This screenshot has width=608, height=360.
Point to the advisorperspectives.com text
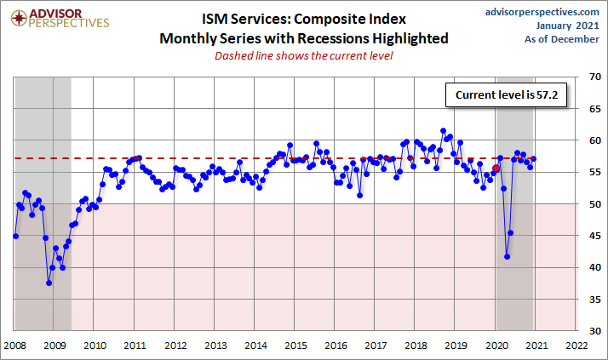(542, 11)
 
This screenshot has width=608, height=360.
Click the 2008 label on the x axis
(14, 346)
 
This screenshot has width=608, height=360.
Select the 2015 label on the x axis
(295, 346)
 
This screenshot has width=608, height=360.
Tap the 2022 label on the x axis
(576, 346)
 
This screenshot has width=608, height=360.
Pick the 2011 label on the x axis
(135, 346)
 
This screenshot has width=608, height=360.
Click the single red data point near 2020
(496, 169)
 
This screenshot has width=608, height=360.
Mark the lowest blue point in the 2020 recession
(508, 256)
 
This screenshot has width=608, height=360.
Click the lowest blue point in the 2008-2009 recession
(49, 283)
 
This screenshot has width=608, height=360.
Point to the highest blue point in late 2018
(443, 131)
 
